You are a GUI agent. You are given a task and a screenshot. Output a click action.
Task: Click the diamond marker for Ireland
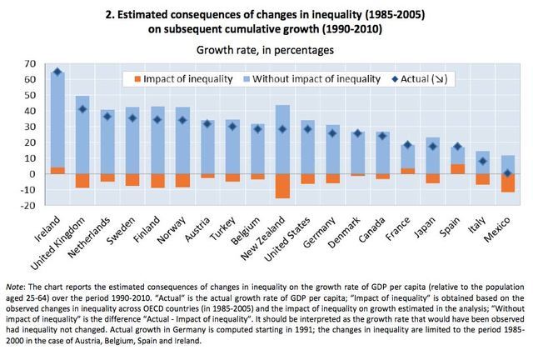click(x=57, y=72)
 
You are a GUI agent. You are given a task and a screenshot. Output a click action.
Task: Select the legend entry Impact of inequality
click(x=177, y=79)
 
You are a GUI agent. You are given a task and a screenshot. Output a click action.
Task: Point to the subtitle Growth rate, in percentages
click(x=266, y=48)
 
